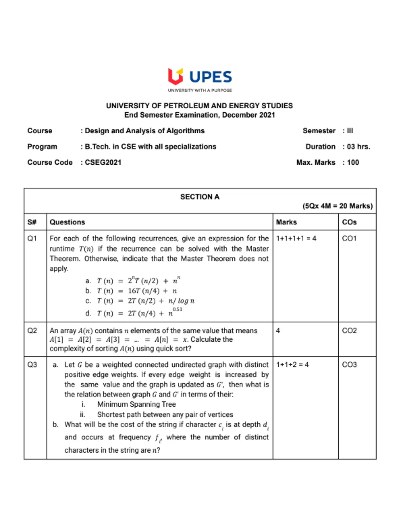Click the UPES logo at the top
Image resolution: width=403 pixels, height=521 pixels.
(200, 78)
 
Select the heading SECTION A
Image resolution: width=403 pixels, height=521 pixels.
(200, 197)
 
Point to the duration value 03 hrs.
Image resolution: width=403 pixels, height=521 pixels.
(358, 146)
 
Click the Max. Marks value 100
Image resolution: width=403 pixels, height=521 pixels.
(352, 162)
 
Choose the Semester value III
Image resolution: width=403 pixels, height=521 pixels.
(348, 130)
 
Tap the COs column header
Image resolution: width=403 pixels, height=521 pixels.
(350, 222)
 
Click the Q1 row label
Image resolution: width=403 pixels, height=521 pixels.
(32, 239)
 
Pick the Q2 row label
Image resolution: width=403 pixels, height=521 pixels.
(32, 330)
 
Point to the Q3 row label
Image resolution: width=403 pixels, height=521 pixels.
(32, 365)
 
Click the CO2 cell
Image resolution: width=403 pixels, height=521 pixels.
(350, 330)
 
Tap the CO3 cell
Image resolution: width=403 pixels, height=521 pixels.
(350, 365)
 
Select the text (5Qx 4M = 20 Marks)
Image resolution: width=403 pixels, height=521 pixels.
(337, 207)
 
